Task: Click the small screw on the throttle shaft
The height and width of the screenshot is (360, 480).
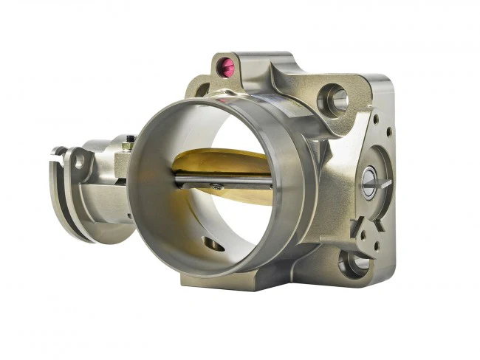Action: coord(216,187)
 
